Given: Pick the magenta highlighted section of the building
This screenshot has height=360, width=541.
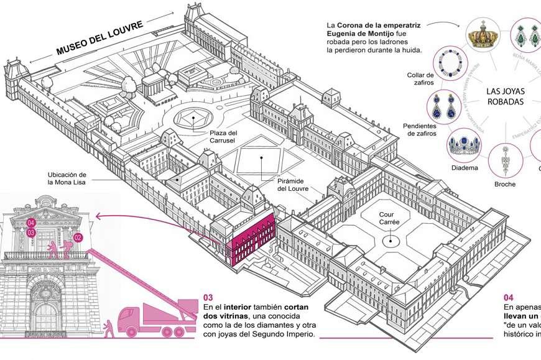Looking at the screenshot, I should click(252, 239).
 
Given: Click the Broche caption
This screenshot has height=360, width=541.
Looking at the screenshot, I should click(506, 184).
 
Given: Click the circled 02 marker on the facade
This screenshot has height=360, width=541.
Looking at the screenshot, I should click(78, 237).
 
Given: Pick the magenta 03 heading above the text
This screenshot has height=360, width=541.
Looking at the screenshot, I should click(208, 296).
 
